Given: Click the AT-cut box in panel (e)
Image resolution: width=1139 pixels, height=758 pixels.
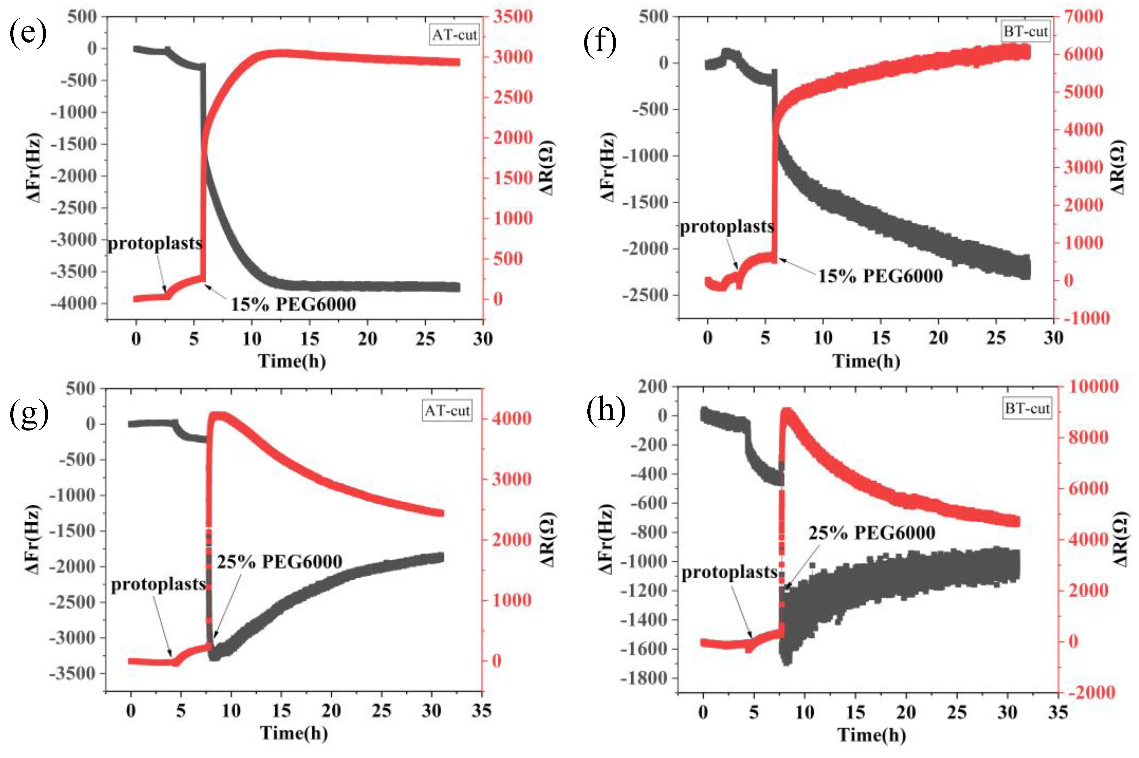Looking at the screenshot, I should [x=454, y=35].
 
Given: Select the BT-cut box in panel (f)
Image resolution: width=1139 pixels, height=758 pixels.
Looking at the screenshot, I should [x=1025, y=32].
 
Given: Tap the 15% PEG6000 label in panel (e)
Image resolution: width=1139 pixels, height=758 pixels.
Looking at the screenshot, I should [x=293, y=304].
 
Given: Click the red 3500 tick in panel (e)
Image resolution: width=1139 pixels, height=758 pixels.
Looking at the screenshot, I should [x=513, y=17].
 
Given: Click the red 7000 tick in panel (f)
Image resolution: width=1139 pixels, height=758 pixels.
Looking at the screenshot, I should [x=1083, y=17].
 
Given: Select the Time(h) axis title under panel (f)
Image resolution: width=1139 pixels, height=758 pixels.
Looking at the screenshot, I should [x=866, y=361].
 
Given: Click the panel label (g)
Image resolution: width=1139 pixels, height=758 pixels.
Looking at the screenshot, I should [x=29, y=414].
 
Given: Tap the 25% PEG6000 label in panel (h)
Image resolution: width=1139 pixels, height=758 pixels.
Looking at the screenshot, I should [x=871, y=533].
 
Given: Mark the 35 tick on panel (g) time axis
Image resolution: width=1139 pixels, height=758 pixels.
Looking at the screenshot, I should [x=481, y=711].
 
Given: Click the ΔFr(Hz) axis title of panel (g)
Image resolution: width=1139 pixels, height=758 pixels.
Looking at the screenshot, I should [x=32, y=540].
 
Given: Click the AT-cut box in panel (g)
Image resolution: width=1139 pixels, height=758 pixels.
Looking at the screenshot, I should [x=446, y=411].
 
